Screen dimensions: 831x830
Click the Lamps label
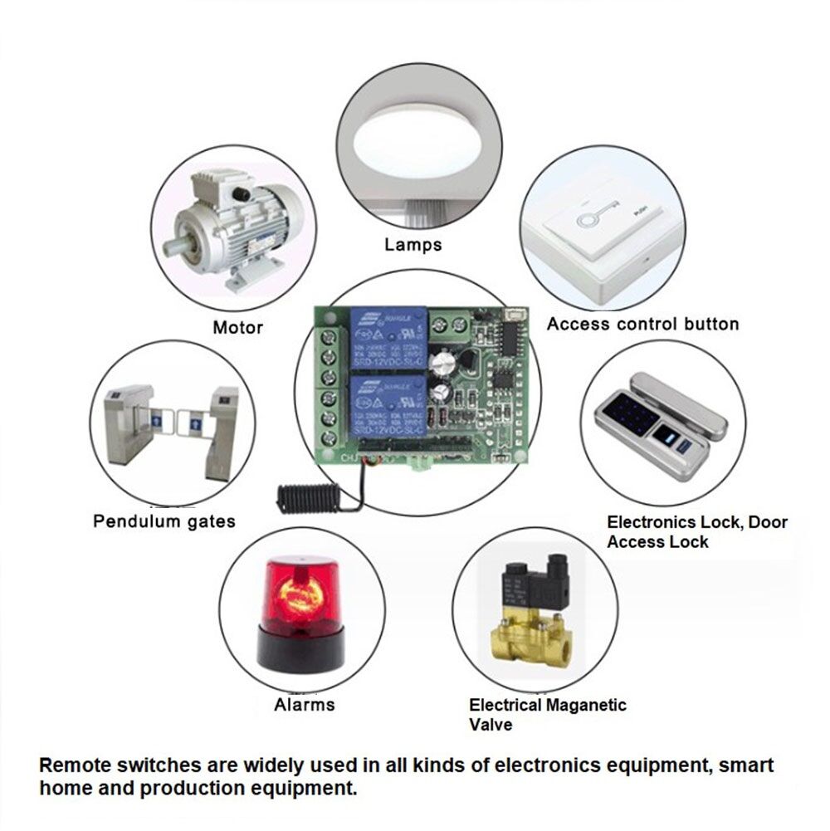click(x=413, y=245)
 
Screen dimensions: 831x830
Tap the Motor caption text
click(x=237, y=327)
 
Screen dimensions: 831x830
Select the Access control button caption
click(x=642, y=324)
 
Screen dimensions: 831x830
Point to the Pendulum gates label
click(x=164, y=521)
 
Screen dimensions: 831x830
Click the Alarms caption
click(x=305, y=705)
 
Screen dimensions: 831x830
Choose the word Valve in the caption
click(x=491, y=725)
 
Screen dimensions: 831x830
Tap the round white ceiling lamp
click(x=422, y=145)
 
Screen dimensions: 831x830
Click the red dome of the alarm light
click(x=300, y=594)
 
